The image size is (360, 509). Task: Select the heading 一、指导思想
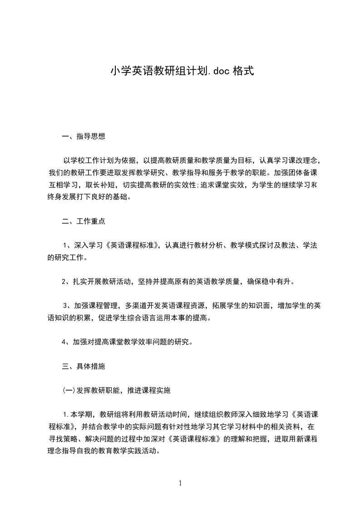point(84,136)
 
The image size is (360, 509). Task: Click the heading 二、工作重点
point(84,221)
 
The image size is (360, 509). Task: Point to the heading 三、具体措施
point(84,366)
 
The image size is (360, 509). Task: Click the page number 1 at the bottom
point(180,483)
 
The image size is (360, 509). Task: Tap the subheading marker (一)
point(67,390)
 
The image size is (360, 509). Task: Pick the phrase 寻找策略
point(63,439)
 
